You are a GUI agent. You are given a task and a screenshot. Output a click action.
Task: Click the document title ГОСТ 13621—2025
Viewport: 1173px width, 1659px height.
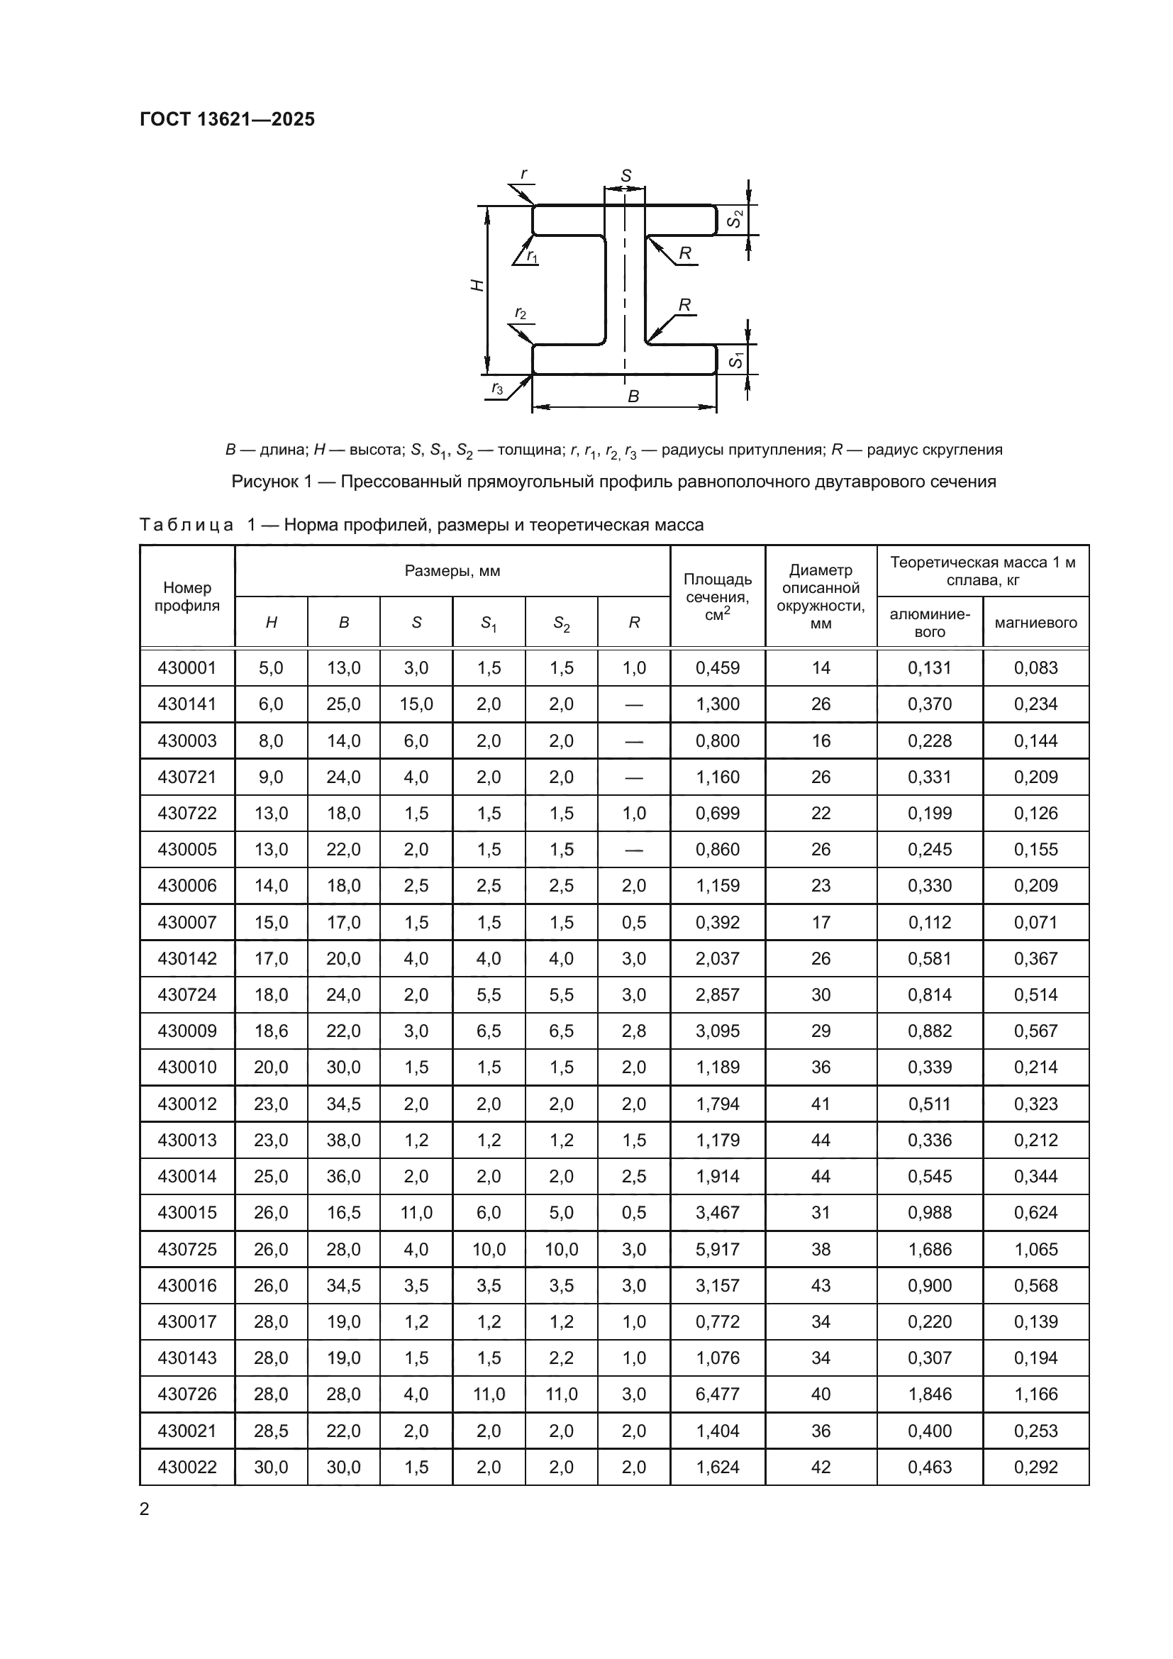pyautogui.click(x=227, y=119)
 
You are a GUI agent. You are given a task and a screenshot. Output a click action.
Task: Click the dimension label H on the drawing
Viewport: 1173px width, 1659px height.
pyautogui.click(x=477, y=285)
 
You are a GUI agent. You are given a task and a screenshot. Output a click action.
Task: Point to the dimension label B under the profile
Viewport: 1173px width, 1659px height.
pyautogui.click(x=633, y=396)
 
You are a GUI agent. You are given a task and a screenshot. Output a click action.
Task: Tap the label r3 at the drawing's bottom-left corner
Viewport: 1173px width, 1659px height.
pyautogui.click(x=497, y=388)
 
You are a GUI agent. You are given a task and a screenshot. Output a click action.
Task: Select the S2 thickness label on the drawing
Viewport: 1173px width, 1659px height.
pyautogui.click(x=735, y=219)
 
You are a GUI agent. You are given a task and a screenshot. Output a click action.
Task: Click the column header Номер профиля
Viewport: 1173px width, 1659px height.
pyautogui.click(x=187, y=596)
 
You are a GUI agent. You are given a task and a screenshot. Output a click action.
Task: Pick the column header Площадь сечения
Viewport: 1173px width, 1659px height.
pyautogui.click(x=717, y=597)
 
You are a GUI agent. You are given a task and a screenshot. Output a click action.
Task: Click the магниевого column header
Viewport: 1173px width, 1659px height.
pyautogui.click(x=1035, y=622)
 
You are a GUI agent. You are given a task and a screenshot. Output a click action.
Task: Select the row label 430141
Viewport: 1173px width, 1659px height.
pyautogui.click(x=187, y=704)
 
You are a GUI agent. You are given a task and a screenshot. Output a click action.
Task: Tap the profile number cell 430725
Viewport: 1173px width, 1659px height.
pyautogui.click(x=187, y=1249)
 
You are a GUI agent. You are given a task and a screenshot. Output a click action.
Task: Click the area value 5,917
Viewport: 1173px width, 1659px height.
pyautogui.click(x=717, y=1249)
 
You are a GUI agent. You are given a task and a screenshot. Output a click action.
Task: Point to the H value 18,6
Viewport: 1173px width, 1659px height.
pyautogui.click(x=271, y=1031)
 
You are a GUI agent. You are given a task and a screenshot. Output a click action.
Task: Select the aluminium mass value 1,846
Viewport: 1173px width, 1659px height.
pyautogui.click(x=930, y=1394)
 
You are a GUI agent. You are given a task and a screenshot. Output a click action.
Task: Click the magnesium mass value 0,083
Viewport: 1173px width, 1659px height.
pyautogui.click(x=1035, y=667)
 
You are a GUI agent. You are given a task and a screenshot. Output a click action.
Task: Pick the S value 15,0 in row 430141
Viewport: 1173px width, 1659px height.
pyautogui.click(x=416, y=704)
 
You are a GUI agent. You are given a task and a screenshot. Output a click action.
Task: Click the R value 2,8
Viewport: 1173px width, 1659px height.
pyautogui.click(x=633, y=1031)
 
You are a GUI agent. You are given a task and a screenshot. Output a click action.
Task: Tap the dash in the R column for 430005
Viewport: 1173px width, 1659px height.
pyautogui.click(x=633, y=850)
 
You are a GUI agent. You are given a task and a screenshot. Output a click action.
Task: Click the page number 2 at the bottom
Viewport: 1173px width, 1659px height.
pyautogui.click(x=145, y=1509)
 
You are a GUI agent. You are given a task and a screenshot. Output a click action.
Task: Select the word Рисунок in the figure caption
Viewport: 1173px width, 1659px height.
pyautogui.click(x=265, y=481)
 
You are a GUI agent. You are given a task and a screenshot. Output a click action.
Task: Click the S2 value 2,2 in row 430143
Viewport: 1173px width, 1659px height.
pyautogui.click(x=561, y=1358)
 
